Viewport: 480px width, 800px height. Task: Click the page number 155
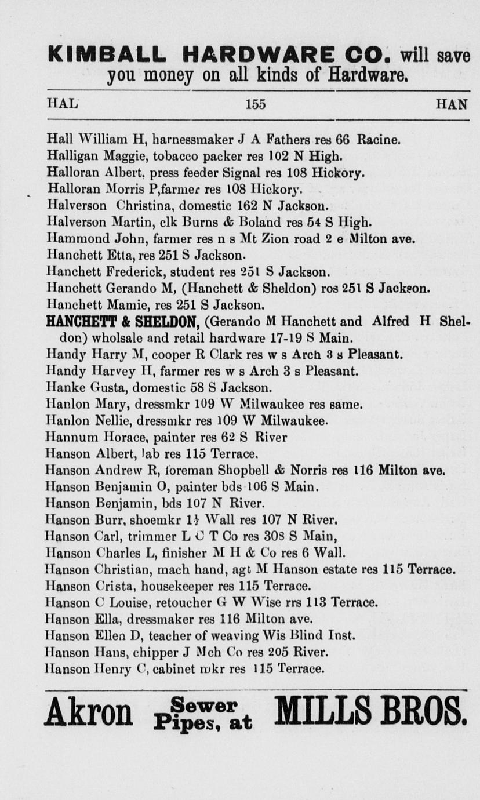coord(255,104)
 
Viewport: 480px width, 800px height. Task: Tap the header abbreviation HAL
coord(62,104)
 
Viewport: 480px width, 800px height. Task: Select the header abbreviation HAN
coord(452,104)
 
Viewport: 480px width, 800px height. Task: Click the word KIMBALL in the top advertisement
coord(111,55)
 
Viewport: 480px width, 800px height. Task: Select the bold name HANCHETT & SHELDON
coord(123,322)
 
